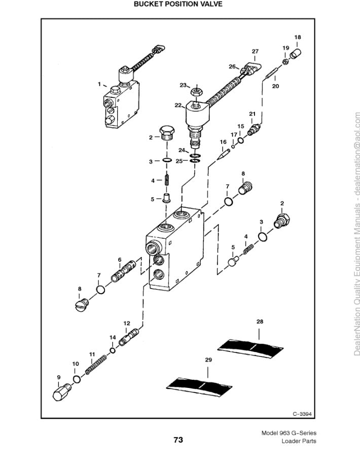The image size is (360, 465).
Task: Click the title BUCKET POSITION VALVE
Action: click(x=178, y=4)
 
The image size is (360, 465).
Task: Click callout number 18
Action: click(x=298, y=38)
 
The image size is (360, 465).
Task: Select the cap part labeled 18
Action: click(x=295, y=52)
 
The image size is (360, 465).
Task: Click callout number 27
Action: click(x=255, y=51)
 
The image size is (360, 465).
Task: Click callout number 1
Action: click(x=99, y=84)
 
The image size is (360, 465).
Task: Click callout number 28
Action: click(x=260, y=321)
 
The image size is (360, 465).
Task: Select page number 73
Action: click(x=178, y=440)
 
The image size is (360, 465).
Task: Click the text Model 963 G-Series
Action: click(x=289, y=433)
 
